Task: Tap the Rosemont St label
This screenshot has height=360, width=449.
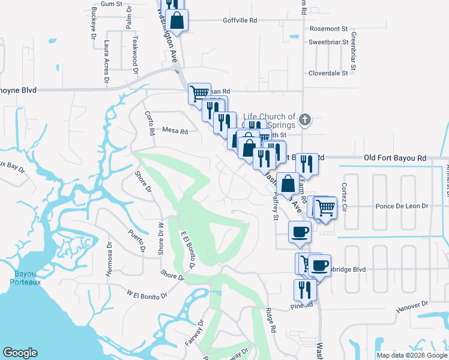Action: point(328,29)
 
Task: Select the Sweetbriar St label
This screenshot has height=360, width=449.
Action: point(328,43)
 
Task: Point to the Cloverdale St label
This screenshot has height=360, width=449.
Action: point(328,73)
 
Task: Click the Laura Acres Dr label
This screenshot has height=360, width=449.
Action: point(106,61)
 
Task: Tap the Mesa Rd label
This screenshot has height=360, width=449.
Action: point(175,131)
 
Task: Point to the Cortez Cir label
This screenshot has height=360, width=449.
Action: point(345,199)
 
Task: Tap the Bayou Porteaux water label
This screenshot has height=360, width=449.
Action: point(20,278)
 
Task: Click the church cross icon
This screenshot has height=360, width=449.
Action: point(305,121)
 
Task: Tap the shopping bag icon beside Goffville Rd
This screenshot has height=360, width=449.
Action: point(178,20)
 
